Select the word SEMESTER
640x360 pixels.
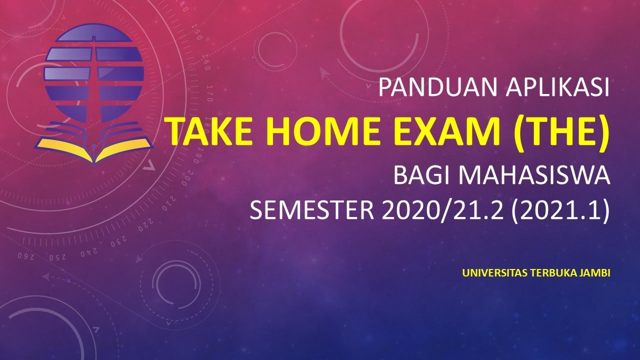[311, 211]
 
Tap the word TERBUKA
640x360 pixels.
[556, 273]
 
